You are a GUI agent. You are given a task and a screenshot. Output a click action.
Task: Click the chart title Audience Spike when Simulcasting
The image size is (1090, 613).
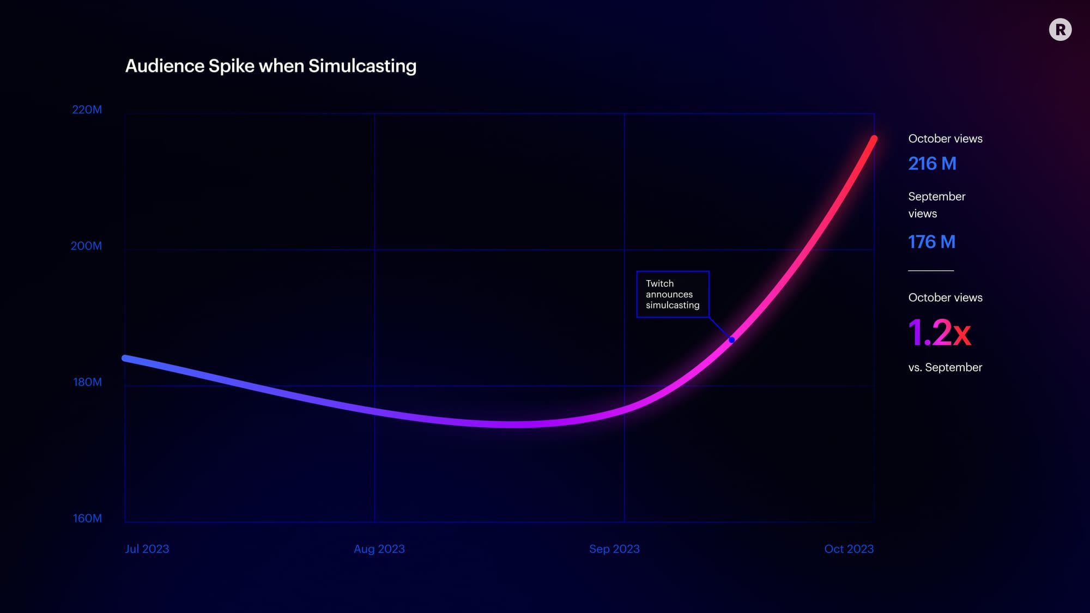pos(271,66)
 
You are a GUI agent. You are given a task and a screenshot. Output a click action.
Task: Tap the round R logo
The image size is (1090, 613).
pos(1060,29)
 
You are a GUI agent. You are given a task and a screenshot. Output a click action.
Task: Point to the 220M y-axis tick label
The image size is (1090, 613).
pos(87,110)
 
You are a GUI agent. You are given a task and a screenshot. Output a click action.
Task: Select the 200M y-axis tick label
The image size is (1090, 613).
pos(86,246)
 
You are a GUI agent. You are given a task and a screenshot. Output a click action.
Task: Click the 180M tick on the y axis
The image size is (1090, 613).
pos(87,382)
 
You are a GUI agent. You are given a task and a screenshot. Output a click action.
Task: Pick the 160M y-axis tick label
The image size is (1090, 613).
pos(87,518)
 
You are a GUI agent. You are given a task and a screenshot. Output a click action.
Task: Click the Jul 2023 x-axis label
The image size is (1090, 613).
pos(147,549)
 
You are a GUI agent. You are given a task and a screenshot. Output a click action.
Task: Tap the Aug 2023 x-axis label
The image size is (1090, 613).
pos(379,549)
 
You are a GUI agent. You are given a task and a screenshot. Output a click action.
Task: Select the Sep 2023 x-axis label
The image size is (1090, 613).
pos(614,549)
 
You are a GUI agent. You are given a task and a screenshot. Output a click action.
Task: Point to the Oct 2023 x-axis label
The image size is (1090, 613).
pos(849,549)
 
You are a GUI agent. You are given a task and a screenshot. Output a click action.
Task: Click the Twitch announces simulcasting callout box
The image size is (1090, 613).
pos(673,294)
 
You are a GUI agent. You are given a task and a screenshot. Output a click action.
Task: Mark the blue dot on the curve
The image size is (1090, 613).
pos(731,340)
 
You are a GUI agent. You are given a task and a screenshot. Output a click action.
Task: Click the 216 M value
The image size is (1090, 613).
pos(932,163)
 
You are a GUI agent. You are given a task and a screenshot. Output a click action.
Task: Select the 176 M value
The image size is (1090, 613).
pos(931,242)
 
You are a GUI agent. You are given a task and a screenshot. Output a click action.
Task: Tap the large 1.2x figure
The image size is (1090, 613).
pos(940,332)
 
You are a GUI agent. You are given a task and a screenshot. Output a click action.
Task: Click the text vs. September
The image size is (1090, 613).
pos(945,367)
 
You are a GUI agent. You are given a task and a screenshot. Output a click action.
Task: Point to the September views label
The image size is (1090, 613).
pos(936,205)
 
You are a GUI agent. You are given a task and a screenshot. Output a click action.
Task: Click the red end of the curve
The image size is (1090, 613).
pos(874,139)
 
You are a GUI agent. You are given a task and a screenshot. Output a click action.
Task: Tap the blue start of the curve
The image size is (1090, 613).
pos(126,358)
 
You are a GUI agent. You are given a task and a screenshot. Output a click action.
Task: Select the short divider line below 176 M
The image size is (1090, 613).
pos(931,270)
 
